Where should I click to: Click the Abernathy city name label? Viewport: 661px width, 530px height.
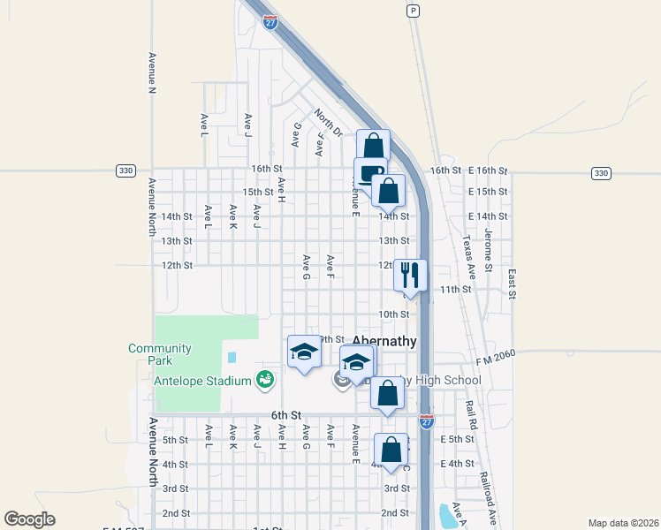click(384, 340)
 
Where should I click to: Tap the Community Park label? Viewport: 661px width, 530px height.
click(160, 354)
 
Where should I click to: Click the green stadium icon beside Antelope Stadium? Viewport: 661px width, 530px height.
click(263, 381)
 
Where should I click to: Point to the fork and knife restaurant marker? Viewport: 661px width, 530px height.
click(410, 274)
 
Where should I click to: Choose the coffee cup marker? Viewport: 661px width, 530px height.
click(369, 173)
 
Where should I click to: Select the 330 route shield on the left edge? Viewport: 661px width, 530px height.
click(125, 170)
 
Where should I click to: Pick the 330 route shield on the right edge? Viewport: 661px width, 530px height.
click(601, 172)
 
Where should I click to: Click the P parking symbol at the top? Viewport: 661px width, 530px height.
click(412, 11)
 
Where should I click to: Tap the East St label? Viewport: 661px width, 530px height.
click(512, 277)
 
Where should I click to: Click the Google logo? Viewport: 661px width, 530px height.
click(29, 519)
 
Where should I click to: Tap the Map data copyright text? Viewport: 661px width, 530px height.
click(622, 523)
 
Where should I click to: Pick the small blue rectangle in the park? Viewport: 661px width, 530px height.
click(232, 358)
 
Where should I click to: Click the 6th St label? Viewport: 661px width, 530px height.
click(286, 415)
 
